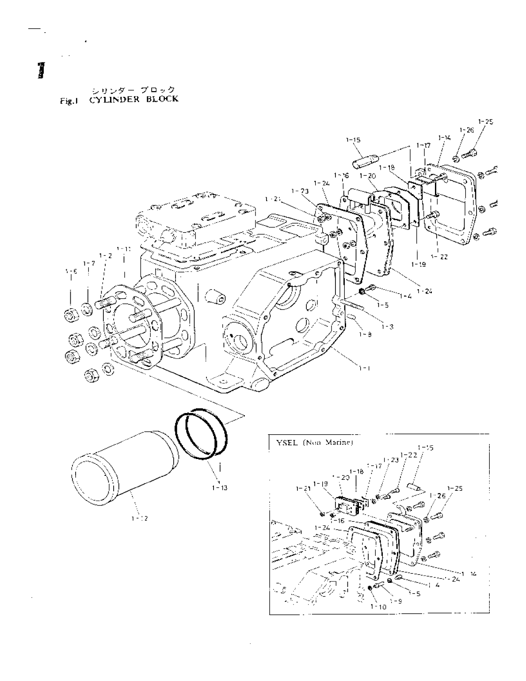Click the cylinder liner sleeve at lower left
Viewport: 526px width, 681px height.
[x=124, y=464]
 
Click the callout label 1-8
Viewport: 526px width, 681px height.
[x=365, y=335]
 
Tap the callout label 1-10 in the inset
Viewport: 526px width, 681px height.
[x=378, y=607]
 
